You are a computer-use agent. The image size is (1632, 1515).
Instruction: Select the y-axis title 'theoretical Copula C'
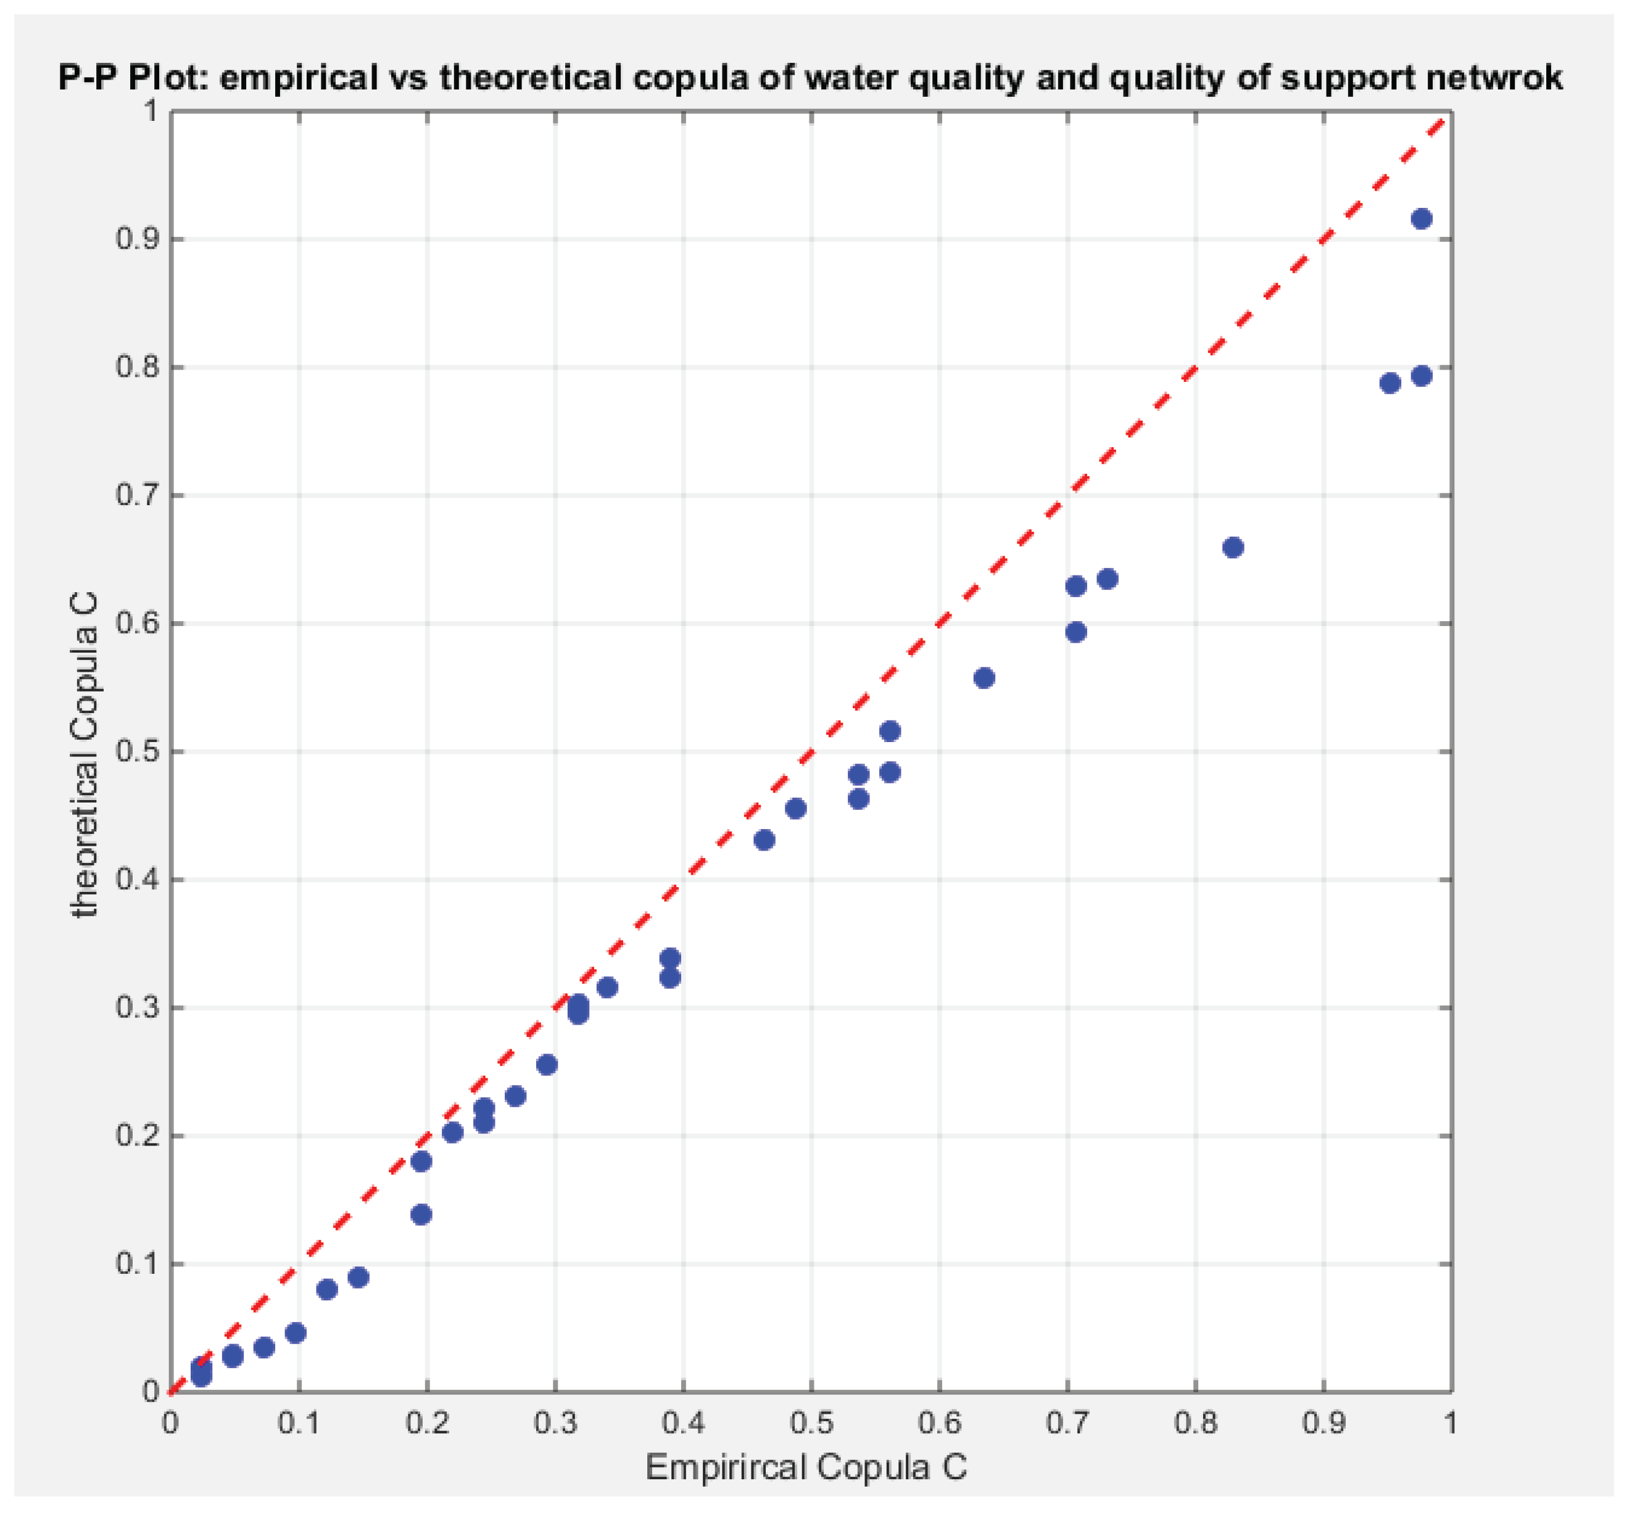coord(85,754)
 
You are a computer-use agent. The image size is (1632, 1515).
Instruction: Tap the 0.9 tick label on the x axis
coord(1323,1423)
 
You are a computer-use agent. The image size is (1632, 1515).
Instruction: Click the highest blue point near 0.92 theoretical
coord(1421,219)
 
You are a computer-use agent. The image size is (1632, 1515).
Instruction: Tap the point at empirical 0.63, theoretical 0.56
coord(984,678)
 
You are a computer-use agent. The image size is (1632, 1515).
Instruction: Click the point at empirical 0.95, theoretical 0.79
coord(1390,383)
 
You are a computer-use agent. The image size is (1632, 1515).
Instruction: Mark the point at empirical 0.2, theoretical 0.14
coord(421,1214)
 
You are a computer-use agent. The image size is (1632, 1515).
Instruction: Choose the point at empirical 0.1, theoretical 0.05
coord(296,1333)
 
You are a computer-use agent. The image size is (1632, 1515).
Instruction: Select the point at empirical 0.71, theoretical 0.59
coord(1076,632)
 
